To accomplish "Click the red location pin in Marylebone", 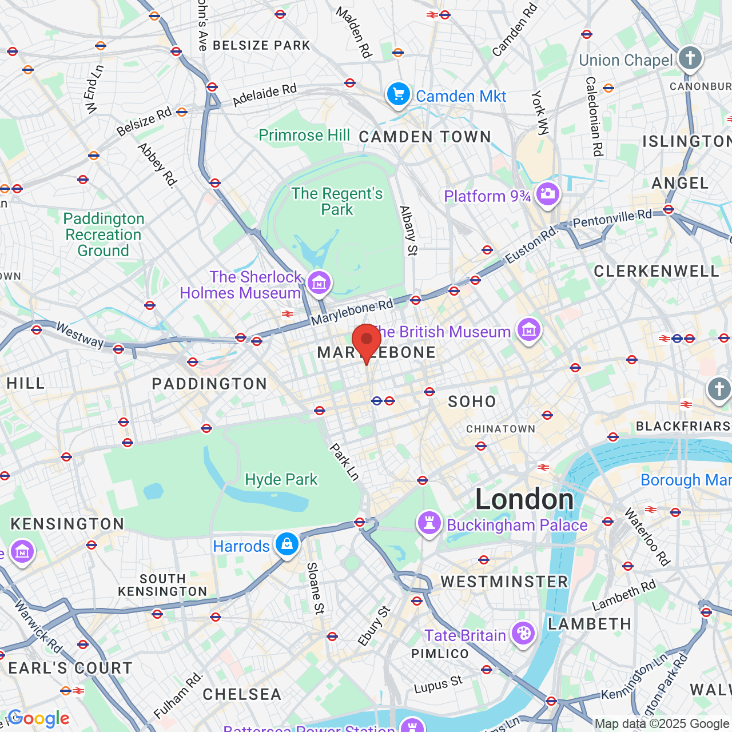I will pyautogui.click(x=367, y=341).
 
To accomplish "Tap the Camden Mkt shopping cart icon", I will pyautogui.click(x=398, y=94).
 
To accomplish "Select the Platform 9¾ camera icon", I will pyautogui.click(x=547, y=194).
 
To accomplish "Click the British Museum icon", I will pyautogui.click(x=529, y=330).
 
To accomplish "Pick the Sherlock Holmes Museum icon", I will pyautogui.click(x=319, y=282).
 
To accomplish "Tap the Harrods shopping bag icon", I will pyautogui.click(x=287, y=544).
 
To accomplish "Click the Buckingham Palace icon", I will pyautogui.click(x=429, y=523).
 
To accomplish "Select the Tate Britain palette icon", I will pyautogui.click(x=523, y=634).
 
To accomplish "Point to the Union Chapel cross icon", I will pyautogui.click(x=690, y=58).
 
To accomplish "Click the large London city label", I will pyautogui.click(x=524, y=500).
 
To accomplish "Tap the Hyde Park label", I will pyautogui.click(x=281, y=479).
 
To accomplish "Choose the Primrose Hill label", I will pyautogui.click(x=304, y=136).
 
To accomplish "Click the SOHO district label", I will pyautogui.click(x=472, y=401).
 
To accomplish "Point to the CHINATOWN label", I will pyautogui.click(x=500, y=429).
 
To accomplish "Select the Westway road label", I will pyautogui.click(x=80, y=335).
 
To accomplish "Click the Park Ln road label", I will pyautogui.click(x=344, y=462).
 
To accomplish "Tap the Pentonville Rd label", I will pyautogui.click(x=612, y=218).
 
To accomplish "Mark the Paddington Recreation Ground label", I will pyautogui.click(x=104, y=234).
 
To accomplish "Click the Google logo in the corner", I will pyautogui.click(x=38, y=718).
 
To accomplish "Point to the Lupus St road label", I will pyautogui.click(x=438, y=685).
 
